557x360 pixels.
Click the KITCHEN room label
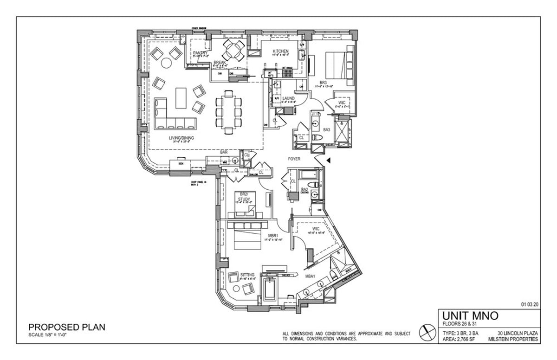click(x=281, y=51)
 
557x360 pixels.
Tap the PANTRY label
click(x=200, y=53)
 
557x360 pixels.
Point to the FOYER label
click(x=294, y=159)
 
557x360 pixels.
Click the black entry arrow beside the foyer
click(x=328, y=161)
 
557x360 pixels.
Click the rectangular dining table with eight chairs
click(x=228, y=111)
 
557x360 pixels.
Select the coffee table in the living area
click(x=181, y=98)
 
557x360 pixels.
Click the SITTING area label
click(x=247, y=275)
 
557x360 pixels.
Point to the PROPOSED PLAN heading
click(x=67, y=327)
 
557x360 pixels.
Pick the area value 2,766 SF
click(x=467, y=340)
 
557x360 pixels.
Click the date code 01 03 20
click(x=529, y=305)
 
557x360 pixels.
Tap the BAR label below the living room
click(x=224, y=152)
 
